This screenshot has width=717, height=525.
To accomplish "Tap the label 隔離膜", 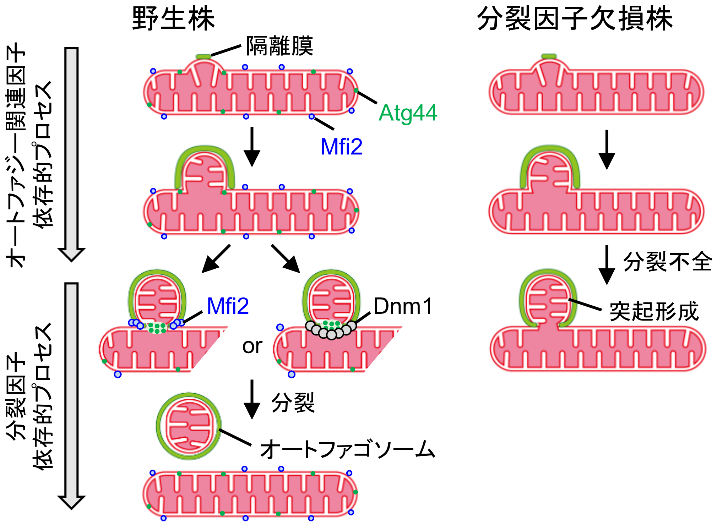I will click(x=280, y=46).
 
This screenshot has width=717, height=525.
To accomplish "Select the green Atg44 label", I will click(x=408, y=113).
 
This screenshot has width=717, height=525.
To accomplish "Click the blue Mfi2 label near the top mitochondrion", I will click(x=341, y=146).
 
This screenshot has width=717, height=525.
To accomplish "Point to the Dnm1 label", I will click(x=403, y=306).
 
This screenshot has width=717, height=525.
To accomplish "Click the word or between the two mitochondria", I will click(x=252, y=346).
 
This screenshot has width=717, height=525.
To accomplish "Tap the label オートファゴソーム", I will click(x=347, y=449).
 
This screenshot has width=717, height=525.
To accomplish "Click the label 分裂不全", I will click(x=668, y=262).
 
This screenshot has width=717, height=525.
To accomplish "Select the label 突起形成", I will click(x=654, y=312).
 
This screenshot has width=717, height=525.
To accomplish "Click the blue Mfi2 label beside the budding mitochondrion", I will click(x=228, y=306).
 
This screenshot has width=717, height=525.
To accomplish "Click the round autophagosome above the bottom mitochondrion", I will click(x=189, y=426).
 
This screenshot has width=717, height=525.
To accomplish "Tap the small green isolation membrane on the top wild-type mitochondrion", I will click(x=203, y=56).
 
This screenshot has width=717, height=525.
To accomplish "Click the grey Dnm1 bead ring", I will click(x=331, y=330).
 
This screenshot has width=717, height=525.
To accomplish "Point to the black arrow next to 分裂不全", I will click(x=607, y=264).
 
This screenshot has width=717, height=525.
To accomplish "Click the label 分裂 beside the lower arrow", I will click(x=293, y=403).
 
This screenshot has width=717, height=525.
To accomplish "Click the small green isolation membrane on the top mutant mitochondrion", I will click(x=549, y=56).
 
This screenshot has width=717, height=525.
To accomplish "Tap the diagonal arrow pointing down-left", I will click(x=216, y=258).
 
